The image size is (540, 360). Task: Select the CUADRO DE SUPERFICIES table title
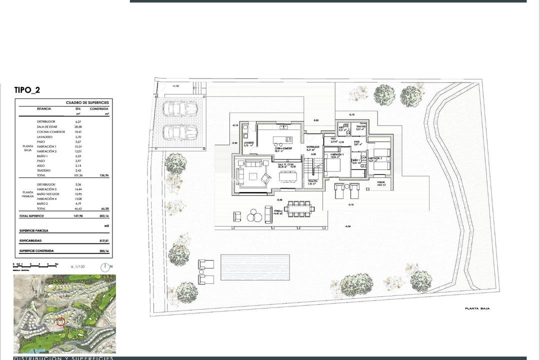(87, 102)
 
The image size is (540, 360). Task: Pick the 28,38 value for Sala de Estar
(78, 126)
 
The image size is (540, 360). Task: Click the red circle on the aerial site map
(60, 321)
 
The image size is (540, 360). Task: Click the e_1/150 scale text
(78, 266)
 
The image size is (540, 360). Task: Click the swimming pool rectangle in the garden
(255, 267)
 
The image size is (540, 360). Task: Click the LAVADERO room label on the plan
(248, 143)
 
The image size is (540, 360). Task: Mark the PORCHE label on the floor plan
(381, 182)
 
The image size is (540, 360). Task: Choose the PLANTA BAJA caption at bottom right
(477, 308)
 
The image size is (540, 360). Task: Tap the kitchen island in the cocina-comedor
(281, 139)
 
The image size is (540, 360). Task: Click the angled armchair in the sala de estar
(266, 178)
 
